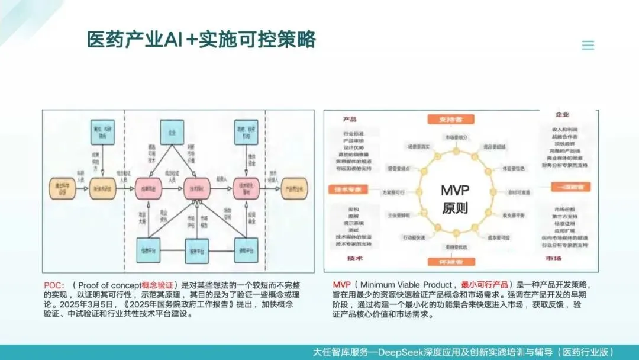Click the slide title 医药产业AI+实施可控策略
click(201, 40)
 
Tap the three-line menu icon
click(588, 46)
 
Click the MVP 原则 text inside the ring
click(454, 199)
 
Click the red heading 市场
click(554, 259)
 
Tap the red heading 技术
click(355, 259)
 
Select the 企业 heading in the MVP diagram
click(562, 114)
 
